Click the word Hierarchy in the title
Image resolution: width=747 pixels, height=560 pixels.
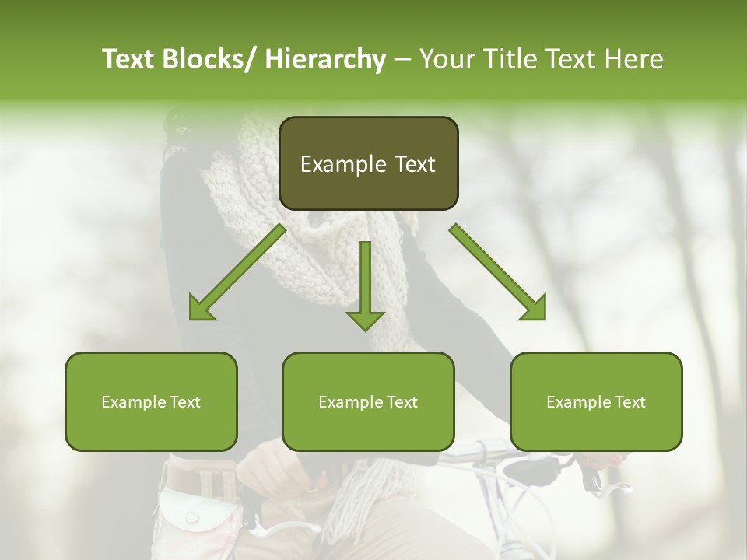pyautogui.click(x=325, y=59)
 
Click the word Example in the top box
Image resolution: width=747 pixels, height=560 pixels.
pyautogui.click(x=333, y=164)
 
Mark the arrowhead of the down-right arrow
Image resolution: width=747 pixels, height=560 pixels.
pyautogui.click(x=535, y=310)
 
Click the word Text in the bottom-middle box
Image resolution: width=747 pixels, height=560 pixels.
pyautogui.click(x=401, y=402)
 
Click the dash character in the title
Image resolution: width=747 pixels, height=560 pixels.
pyautogui.click(x=402, y=59)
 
